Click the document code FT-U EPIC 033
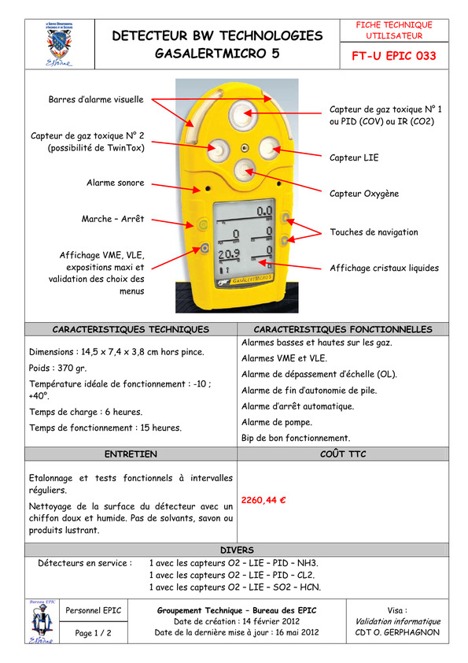[x=393, y=56]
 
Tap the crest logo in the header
[x=59, y=44]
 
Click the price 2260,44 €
[x=263, y=500]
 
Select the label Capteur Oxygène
[x=364, y=194]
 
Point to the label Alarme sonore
[x=116, y=183]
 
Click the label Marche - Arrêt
[x=112, y=219]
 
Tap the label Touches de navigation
[x=374, y=232]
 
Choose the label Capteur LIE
[x=354, y=157]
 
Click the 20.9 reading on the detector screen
[x=229, y=254]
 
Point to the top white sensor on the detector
[x=243, y=113]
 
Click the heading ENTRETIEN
[x=131, y=454]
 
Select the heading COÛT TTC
[x=343, y=454]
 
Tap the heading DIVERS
[x=237, y=550]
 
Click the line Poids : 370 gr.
[x=58, y=369]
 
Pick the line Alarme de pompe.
[x=277, y=422]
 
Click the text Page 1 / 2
[x=93, y=633]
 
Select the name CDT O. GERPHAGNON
[x=397, y=632]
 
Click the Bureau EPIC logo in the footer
[x=42, y=621]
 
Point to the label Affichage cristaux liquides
[x=385, y=268]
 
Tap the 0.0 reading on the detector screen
[x=264, y=210]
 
